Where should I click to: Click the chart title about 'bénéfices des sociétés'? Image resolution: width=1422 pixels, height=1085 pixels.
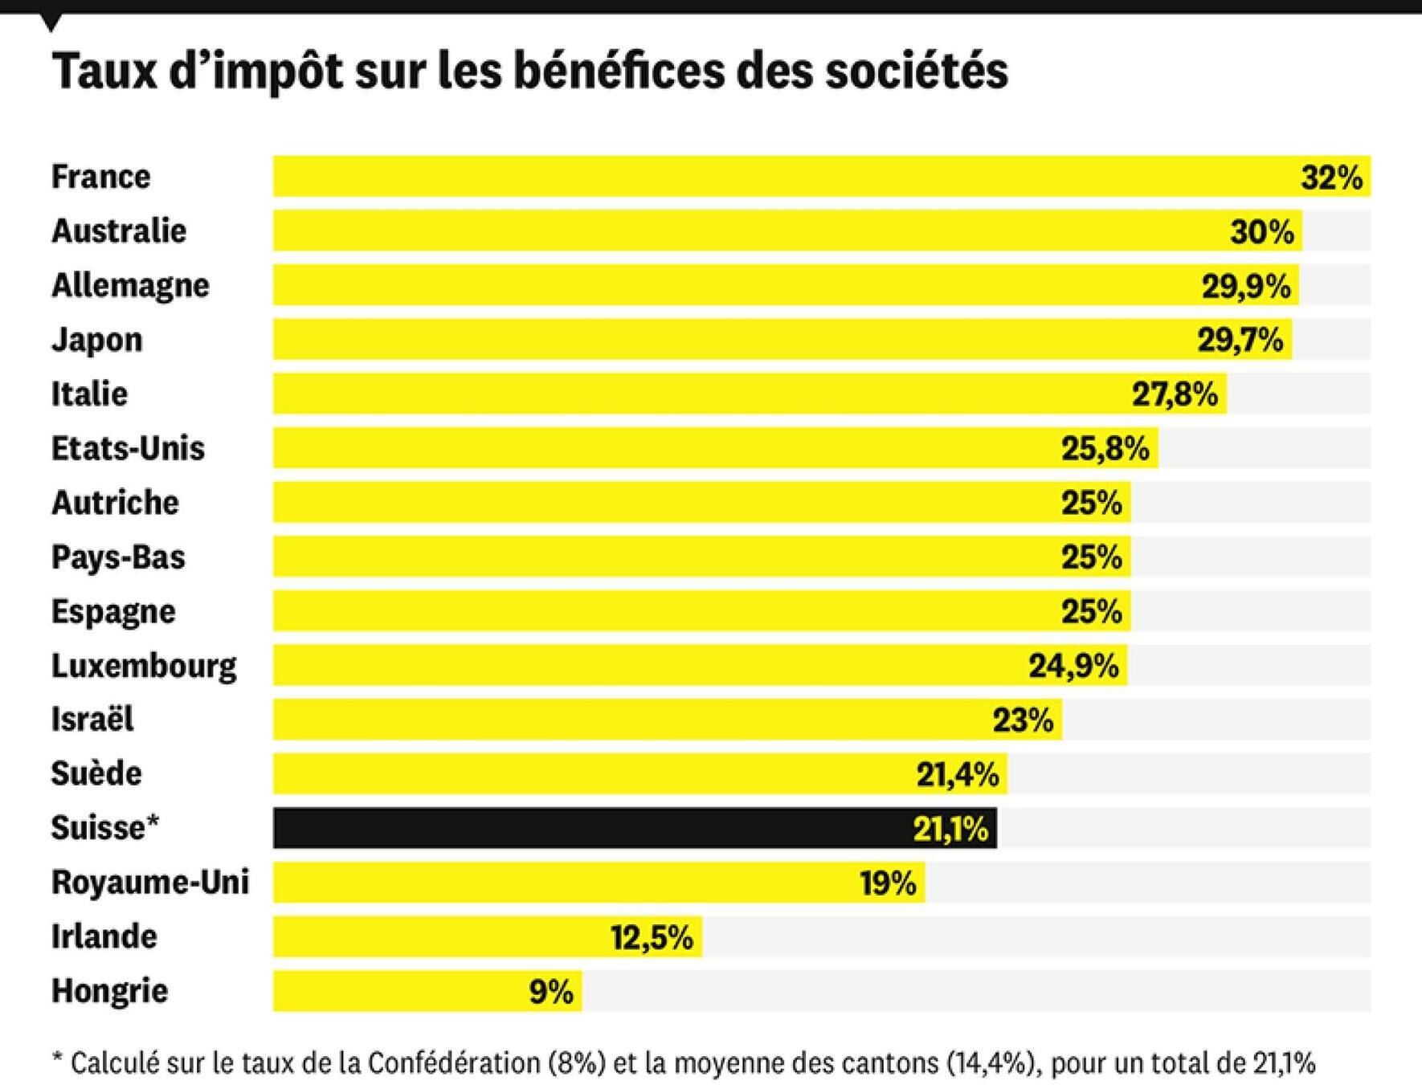click(529, 71)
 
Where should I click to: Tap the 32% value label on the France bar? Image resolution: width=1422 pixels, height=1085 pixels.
click(1331, 177)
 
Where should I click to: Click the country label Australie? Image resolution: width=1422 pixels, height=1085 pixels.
click(119, 231)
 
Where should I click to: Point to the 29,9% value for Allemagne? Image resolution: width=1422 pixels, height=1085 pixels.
click(1245, 286)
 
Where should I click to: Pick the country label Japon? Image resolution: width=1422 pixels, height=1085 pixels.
click(97, 340)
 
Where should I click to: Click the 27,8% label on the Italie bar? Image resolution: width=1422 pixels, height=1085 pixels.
click(1175, 394)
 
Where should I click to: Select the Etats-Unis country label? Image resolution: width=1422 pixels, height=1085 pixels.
click(128, 448)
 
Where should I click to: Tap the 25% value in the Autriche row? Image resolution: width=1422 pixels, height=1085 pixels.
click(1091, 503)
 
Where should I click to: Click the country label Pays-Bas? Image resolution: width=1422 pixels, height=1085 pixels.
click(118, 557)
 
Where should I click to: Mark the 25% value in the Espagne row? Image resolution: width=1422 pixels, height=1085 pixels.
click(1091, 612)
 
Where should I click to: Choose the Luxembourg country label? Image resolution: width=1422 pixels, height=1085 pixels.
click(144, 666)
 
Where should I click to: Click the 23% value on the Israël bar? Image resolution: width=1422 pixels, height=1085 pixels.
click(1023, 720)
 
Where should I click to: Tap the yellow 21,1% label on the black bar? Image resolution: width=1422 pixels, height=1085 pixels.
click(950, 829)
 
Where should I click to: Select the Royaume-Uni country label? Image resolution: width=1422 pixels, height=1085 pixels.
click(150, 882)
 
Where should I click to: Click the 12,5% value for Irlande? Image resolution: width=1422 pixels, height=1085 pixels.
click(652, 937)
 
